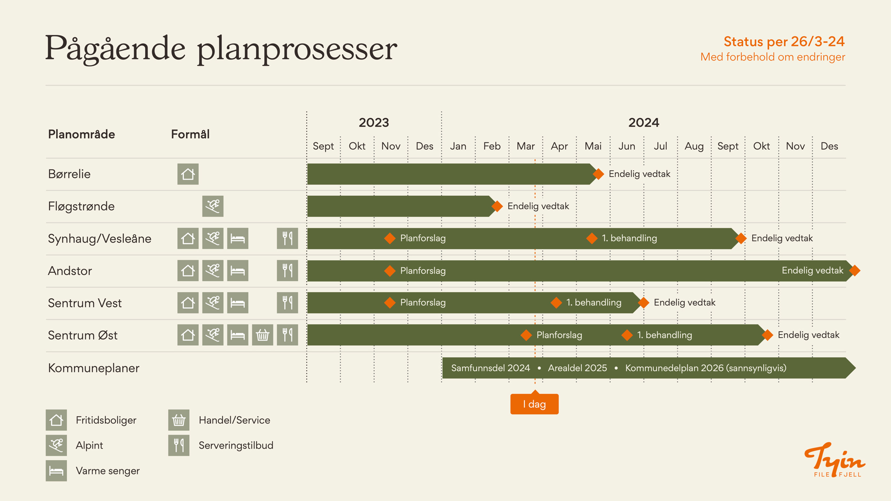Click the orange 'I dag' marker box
[534, 404]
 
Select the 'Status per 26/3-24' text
[784, 41]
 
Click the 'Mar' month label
[526, 146]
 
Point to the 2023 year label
[374, 122]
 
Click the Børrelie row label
[69, 174]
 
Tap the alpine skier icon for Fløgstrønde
[213, 206]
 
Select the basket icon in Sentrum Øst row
[263, 335]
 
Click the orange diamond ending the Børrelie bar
[599, 174]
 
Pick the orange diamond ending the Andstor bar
[855, 270]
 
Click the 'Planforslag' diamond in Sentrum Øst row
[526, 335]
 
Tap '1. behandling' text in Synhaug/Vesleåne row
[629, 238]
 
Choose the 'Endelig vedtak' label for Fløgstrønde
[538, 206]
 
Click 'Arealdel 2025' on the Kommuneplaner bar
[577, 368]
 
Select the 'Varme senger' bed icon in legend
[56, 470]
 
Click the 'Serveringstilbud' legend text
[236, 445]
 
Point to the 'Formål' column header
[190, 134]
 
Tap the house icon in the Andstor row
[188, 270]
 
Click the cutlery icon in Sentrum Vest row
[287, 302]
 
